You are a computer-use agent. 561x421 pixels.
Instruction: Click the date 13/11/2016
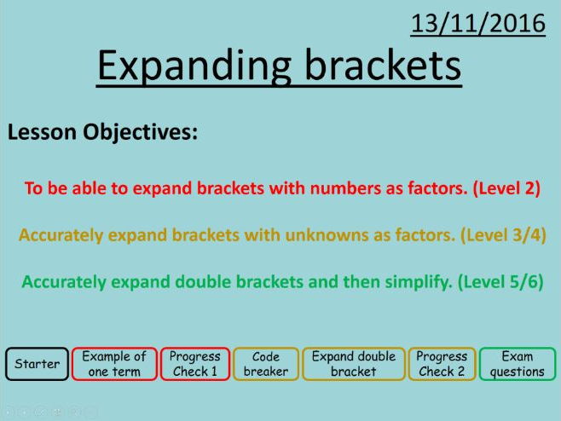coord(477,24)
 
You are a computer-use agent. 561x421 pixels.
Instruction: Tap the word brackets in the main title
coord(389,65)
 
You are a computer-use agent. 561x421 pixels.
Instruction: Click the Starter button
coord(38,364)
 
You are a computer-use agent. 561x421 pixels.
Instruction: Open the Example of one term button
coord(113,364)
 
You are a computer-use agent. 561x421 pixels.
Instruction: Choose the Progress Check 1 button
coord(194,364)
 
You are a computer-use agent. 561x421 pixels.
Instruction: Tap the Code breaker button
coord(266,364)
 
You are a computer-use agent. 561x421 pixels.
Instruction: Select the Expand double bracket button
coord(353,364)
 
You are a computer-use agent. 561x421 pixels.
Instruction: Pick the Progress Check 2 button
coord(442,364)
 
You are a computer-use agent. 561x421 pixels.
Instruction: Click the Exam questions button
coord(517,364)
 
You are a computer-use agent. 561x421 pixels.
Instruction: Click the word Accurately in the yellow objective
coord(60,235)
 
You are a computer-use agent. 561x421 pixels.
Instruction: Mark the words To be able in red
coord(59,189)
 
